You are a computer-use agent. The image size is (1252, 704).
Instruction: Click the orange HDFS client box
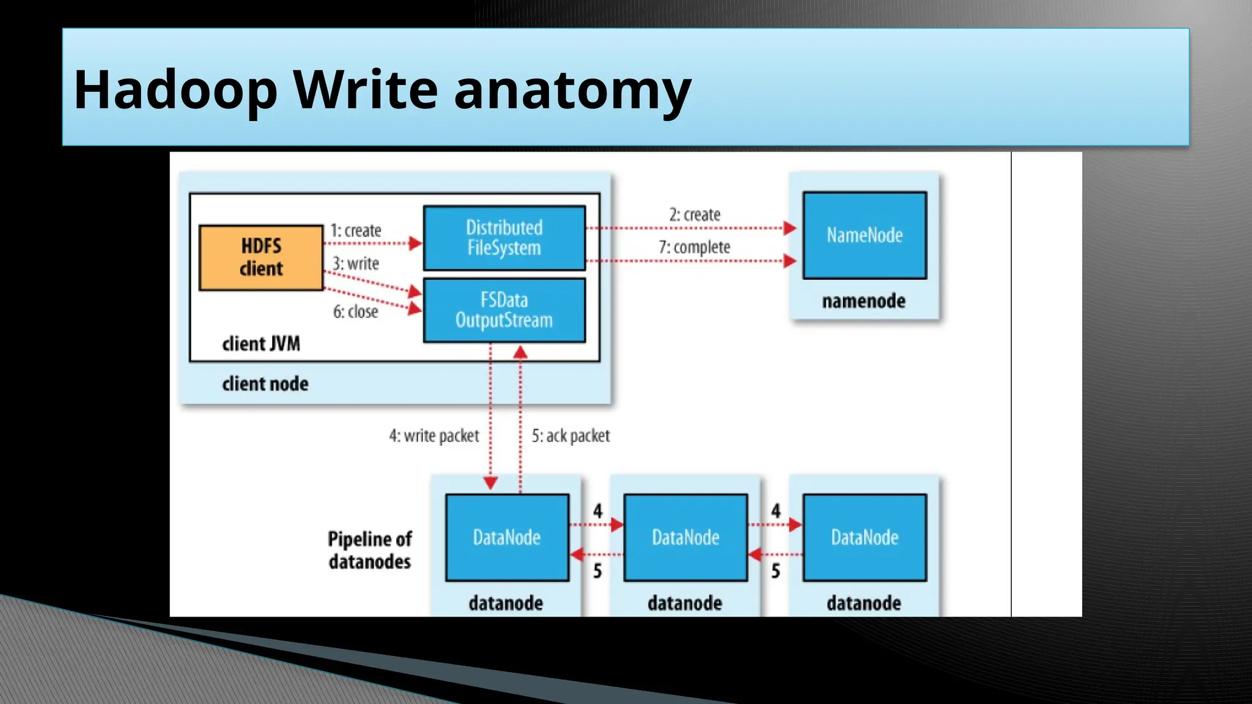pyautogui.click(x=261, y=257)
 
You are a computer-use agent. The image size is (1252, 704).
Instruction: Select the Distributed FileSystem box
pyautogui.click(x=504, y=238)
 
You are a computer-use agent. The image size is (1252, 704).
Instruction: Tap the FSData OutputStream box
pyautogui.click(x=504, y=310)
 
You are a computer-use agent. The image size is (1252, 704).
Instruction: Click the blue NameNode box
pyautogui.click(x=864, y=235)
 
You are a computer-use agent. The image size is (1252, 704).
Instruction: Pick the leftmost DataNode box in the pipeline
pyautogui.click(x=507, y=537)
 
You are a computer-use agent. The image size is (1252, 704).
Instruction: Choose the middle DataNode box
pyautogui.click(x=685, y=537)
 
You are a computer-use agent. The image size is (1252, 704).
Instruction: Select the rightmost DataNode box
pyautogui.click(x=864, y=537)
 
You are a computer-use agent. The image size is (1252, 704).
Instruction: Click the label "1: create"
pyautogui.click(x=356, y=230)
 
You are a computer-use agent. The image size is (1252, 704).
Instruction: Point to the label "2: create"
pyautogui.click(x=694, y=215)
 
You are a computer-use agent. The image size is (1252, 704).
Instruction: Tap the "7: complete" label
pyautogui.click(x=694, y=247)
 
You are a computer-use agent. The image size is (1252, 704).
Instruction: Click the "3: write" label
pyautogui.click(x=356, y=263)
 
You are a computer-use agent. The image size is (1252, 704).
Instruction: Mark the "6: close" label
pyautogui.click(x=356, y=312)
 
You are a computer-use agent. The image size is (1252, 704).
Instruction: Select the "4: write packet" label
pyautogui.click(x=434, y=436)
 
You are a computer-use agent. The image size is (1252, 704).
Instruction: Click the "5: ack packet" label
pyautogui.click(x=570, y=436)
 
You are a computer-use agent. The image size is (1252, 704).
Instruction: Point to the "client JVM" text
pyautogui.click(x=261, y=344)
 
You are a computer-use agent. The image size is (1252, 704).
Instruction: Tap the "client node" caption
pyautogui.click(x=265, y=384)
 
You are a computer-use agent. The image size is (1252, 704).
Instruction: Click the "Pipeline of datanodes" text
pyautogui.click(x=370, y=550)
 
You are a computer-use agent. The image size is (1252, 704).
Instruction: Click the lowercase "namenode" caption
pyautogui.click(x=864, y=301)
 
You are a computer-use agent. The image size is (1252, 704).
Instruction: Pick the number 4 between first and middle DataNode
pyautogui.click(x=597, y=511)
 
